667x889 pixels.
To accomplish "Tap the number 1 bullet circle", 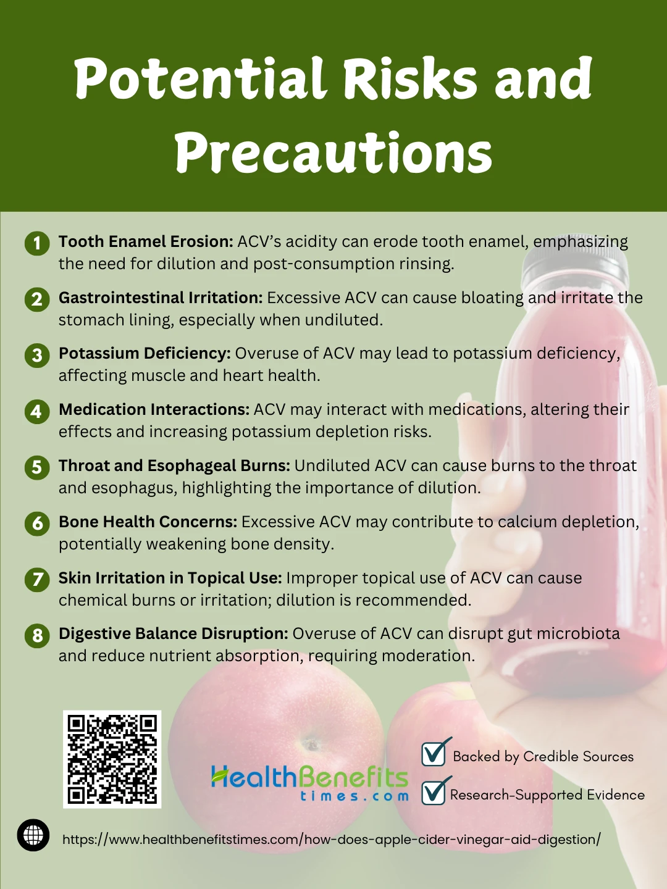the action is pos(37,243).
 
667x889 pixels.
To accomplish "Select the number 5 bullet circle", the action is pos(37,467).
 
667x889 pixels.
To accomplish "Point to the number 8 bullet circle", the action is pos(37,635).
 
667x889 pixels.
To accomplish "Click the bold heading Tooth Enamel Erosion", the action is pos(146,241).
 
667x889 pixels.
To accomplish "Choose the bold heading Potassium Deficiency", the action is pos(145,354).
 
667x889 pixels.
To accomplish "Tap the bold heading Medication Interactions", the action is pos(154,409).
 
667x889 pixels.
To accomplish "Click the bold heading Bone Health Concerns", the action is pos(148,522).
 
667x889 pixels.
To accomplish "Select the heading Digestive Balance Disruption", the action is pos(174,633).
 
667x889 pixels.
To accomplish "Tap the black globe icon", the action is pos(33,835).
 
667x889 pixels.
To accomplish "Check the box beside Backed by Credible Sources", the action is pos(434,754).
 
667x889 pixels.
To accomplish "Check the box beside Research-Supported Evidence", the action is pos(434,793).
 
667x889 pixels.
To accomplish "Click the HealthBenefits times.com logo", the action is pos(310,783).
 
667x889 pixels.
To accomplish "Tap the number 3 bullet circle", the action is pos(37,356).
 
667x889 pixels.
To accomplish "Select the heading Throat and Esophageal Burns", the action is pos(175,465).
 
